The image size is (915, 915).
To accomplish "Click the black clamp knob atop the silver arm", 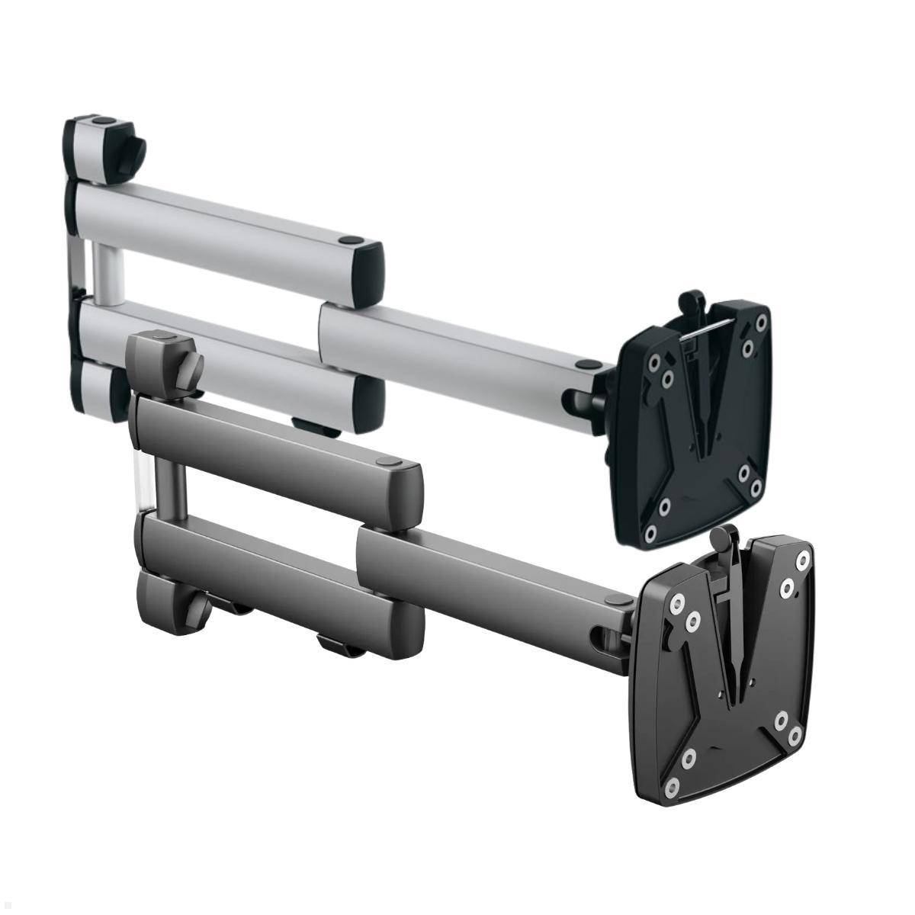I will pyautogui.click(x=134, y=148).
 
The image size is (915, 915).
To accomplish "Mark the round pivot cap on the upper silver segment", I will pyautogui.click(x=350, y=241).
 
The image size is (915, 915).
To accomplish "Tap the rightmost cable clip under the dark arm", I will pyautogui.click(x=339, y=647).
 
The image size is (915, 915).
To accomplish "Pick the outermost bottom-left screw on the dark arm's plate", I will pyautogui.click(x=673, y=784).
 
